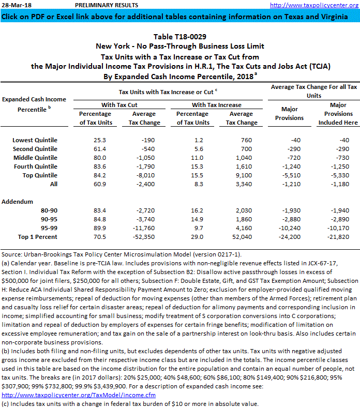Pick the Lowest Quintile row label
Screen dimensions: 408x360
pyautogui.click(x=35, y=140)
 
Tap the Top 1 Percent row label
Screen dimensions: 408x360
pyautogui.click(x=38, y=237)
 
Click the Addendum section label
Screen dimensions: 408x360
pyautogui.click(x=18, y=201)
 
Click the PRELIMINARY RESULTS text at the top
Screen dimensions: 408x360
pyautogui.click(x=107, y=5)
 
